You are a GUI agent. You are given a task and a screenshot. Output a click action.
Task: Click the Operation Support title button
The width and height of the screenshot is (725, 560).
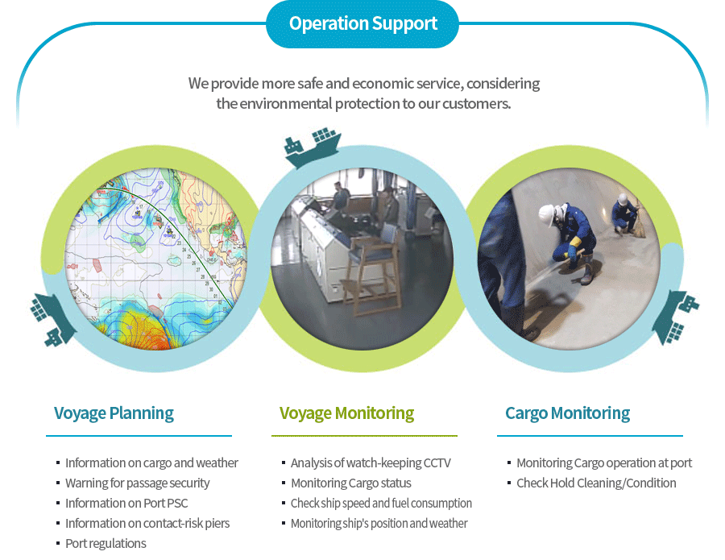click(x=362, y=23)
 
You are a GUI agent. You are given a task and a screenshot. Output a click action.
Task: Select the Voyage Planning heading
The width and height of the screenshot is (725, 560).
click(x=114, y=413)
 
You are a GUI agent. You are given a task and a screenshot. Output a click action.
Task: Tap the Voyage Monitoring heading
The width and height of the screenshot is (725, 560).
click(x=346, y=413)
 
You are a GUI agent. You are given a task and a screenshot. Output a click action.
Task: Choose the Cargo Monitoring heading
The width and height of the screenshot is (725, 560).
click(x=567, y=413)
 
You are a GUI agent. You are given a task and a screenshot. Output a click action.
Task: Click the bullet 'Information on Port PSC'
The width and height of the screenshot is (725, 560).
click(x=126, y=503)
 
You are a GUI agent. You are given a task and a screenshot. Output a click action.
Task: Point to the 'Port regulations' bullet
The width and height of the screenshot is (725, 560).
click(x=106, y=543)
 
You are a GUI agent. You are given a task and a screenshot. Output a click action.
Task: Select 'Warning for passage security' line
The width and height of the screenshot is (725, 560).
click(x=137, y=483)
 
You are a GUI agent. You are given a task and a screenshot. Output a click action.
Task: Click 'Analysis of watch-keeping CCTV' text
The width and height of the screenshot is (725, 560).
click(x=371, y=463)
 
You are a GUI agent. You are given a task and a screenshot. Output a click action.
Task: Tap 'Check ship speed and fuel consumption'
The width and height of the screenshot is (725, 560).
click(x=381, y=503)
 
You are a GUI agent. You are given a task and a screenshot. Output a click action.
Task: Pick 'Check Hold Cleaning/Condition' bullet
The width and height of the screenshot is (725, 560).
click(x=596, y=483)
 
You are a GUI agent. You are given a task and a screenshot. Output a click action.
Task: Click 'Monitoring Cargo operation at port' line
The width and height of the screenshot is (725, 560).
click(x=603, y=463)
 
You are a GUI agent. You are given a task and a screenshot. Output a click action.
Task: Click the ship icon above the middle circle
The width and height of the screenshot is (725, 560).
click(x=313, y=147)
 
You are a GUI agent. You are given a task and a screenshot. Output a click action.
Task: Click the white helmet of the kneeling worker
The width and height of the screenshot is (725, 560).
click(x=547, y=214)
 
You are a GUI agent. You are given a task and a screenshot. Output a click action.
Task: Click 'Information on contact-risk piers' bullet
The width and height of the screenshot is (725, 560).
click(x=147, y=523)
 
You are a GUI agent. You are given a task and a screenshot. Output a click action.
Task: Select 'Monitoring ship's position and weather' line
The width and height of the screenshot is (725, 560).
click(x=379, y=523)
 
